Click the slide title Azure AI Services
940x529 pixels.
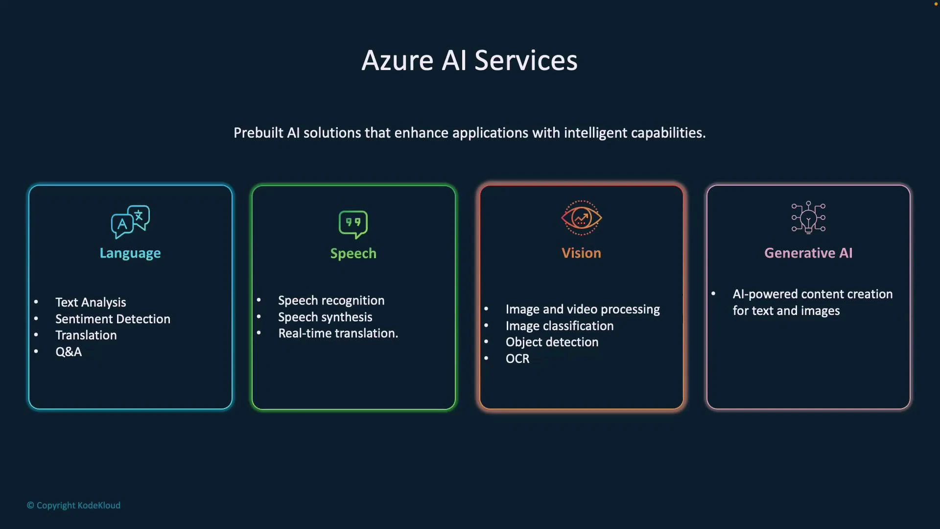pos(470,61)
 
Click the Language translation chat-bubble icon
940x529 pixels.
pos(130,221)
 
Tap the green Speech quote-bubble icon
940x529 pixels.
pos(353,224)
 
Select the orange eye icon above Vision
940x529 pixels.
pos(581,218)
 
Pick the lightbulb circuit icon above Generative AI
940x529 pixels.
pos(808,217)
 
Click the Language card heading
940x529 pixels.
pos(130,253)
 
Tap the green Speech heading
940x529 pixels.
pos(353,253)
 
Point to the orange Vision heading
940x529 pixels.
pos(581,253)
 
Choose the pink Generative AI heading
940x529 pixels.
pos(808,253)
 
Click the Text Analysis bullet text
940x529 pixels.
pos(91,302)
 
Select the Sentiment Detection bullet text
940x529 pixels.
pos(113,319)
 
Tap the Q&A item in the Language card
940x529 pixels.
pos(69,352)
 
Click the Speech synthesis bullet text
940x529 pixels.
pos(325,317)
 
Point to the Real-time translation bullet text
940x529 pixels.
pos(338,333)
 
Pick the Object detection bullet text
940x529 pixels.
pos(552,342)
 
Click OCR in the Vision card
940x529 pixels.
pos(517,359)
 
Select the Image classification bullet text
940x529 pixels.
pos(559,326)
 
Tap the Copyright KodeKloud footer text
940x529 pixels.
pos(73,505)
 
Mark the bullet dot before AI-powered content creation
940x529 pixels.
pos(713,293)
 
